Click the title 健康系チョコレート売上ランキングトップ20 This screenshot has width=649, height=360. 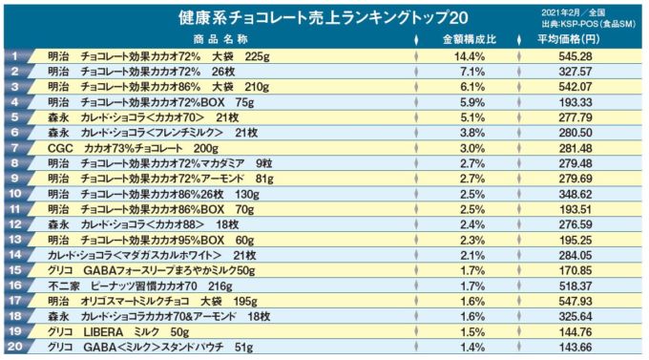[324, 18]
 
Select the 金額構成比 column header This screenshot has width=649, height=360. [469, 40]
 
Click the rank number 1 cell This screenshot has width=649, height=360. [15, 56]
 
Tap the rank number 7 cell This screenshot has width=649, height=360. [15, 148]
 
